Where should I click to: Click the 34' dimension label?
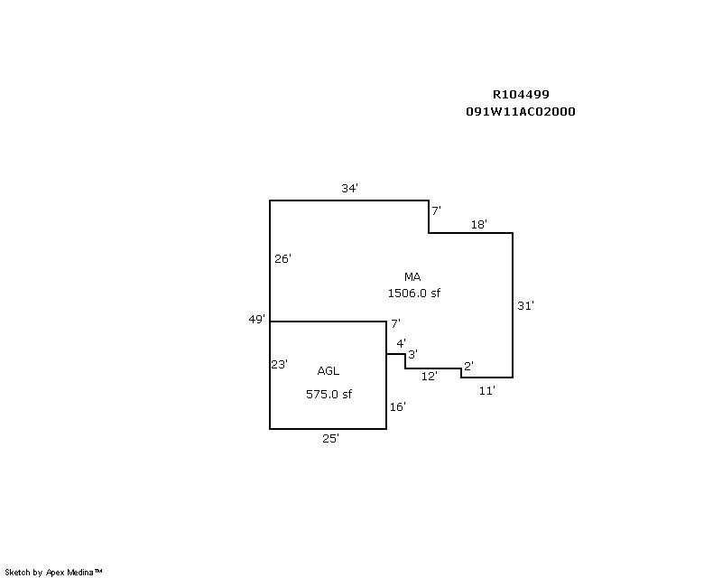(349, 188)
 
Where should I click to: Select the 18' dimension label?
(479, 225)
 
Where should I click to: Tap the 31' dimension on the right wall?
(525, 305)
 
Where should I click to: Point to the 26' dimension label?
(282, 258)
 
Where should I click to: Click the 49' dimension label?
(257, 319)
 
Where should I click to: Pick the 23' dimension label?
(279, 365)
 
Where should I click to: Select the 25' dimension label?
(330, 438)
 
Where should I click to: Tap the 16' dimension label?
(397, 406)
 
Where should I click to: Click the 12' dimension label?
(429, 376)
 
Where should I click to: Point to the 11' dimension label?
(486, 390)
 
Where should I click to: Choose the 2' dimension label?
(468, 366)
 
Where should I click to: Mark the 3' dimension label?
(413, 354)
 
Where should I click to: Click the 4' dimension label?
(401, 343)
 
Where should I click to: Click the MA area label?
(412, 276)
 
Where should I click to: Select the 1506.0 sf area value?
(414, 293)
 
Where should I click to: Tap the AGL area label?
(329, 370)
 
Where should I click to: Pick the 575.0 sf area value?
(329, 394)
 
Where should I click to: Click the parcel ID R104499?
(521, 95)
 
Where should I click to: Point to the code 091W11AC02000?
(521, 112)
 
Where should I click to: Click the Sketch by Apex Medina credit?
(53, 573)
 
